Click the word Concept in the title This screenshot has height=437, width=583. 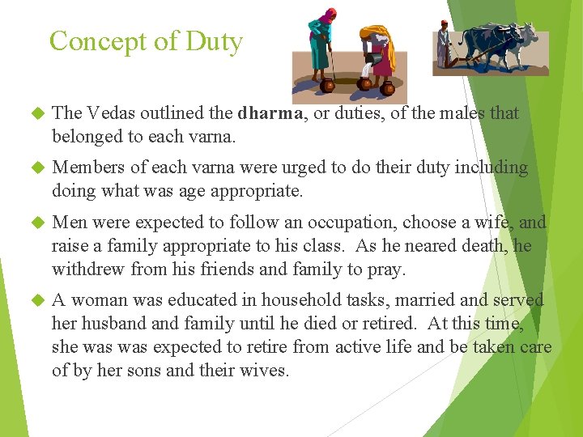(x=96, y=41)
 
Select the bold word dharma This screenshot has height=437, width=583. (x=270, y=113)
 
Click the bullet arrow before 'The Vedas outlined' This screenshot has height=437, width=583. (x=35, y=114)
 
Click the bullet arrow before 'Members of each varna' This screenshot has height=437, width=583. (x=35, y=168)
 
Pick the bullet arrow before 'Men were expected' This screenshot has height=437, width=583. (x=35, y=223)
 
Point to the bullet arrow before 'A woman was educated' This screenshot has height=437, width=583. (x=35, y=300)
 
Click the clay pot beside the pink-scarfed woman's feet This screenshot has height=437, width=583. (x=327, y=85)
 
